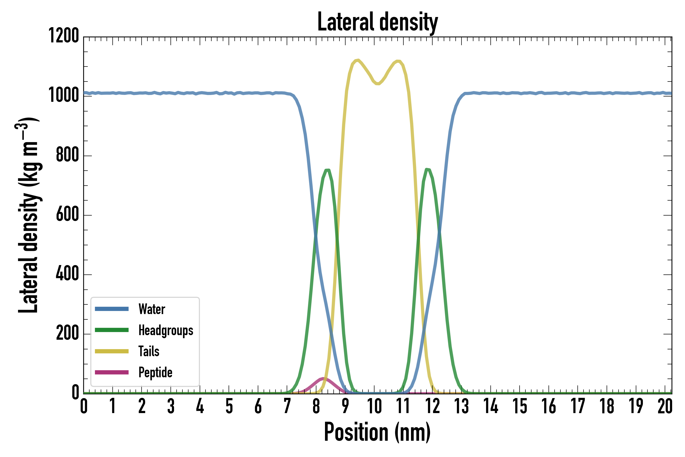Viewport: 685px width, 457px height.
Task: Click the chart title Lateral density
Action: pos(378,22)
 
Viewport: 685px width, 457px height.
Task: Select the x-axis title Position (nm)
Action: pos(378,432)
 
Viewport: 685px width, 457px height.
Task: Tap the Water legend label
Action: pos(152,309)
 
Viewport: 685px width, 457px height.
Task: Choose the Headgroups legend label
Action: pos(166,330)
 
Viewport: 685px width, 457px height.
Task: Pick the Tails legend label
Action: pos(149,351)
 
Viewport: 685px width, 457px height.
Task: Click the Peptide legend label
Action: pos(155,372)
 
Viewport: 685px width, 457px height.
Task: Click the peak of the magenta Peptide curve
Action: pos(323,379)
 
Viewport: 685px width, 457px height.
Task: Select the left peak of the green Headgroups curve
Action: pos(327,170)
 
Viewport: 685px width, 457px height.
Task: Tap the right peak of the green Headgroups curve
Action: pos(427,169)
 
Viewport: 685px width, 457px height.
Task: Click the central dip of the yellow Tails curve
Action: pos(378,84)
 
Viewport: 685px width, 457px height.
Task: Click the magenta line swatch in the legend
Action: pos(112,372)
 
